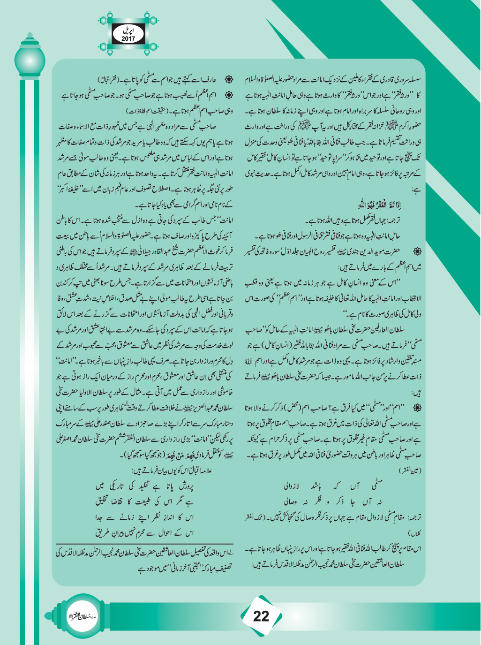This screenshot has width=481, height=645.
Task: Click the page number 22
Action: tap(261, 616)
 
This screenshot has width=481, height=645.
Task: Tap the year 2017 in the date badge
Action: tap(128, 39)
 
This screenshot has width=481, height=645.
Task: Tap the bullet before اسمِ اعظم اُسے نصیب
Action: tap(229, 95)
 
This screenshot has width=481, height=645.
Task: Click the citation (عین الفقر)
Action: tap(410, 469)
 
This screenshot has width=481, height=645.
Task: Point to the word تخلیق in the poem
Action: tap(105, 501)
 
